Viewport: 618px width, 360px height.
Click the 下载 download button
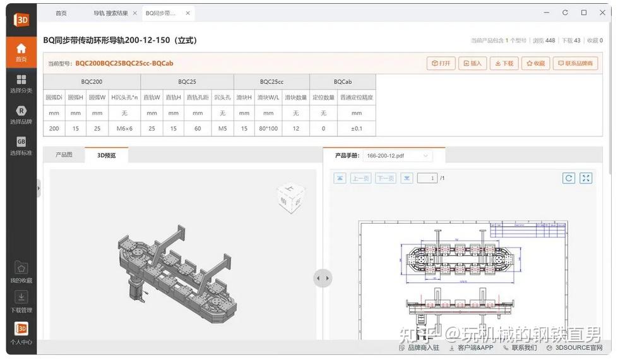504,63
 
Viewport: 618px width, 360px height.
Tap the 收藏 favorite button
535,63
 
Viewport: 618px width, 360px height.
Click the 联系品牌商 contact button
575,63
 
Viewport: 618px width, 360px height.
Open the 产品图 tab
64,155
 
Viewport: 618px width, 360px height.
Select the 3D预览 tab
106,155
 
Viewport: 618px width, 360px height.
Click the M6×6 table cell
124,128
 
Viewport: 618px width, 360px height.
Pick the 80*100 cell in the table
268,128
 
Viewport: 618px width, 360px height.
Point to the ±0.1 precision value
357,128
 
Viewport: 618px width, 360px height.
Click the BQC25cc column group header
271,81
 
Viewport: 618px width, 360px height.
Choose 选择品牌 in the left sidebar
21,115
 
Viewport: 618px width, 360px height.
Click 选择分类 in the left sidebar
21,83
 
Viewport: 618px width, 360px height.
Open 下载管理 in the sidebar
21,301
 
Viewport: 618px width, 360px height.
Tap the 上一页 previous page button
360,178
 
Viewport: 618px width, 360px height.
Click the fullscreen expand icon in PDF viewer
586,178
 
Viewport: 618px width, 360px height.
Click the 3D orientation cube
292,197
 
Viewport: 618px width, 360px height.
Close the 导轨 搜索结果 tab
134,13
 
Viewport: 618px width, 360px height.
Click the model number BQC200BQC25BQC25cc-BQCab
124,63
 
